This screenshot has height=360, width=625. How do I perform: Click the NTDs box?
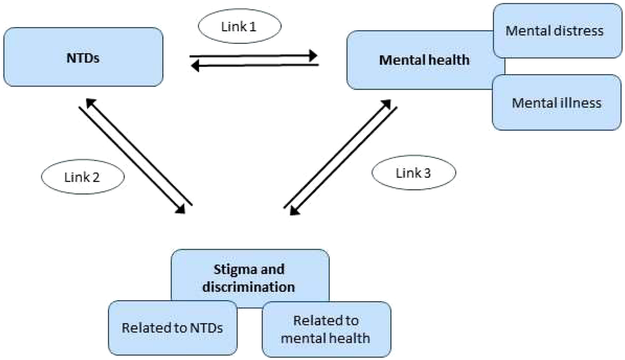[x=83, y=57]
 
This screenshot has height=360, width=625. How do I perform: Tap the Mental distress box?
[x=557, y=31]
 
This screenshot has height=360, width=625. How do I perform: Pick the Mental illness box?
[x=557, y=103]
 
